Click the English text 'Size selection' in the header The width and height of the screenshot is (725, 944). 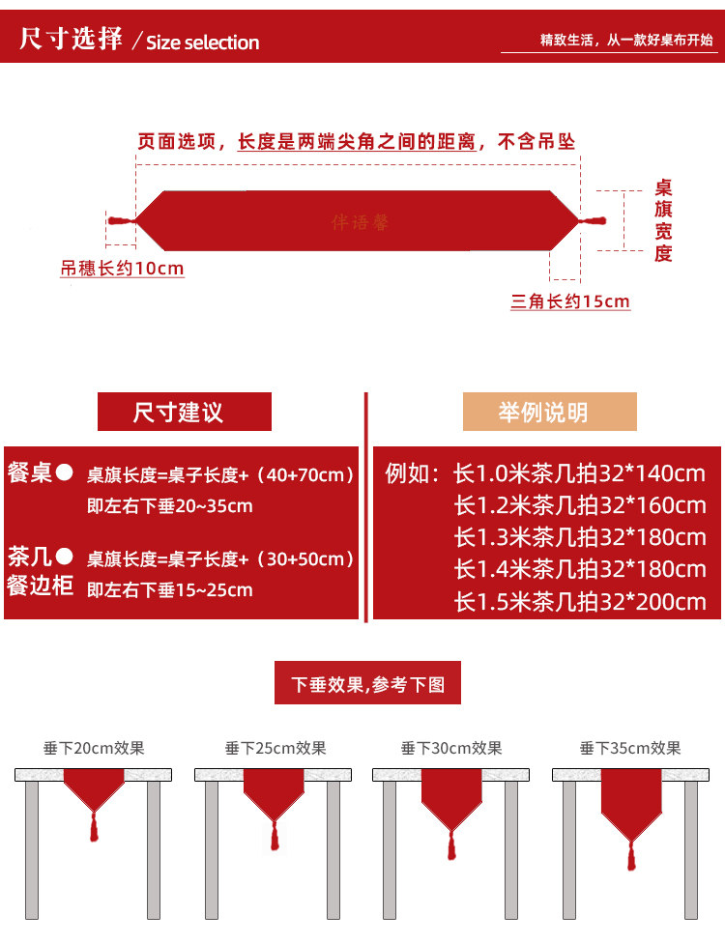pyautogui.click(x=202, y=43)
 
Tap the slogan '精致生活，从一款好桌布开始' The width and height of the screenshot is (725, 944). pyautogui.click(x=625, y=41)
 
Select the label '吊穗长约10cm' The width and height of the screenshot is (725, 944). pyautogui.click(x=122, y=269)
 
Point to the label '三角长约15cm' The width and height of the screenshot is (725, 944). pyautogui.click(x=570, y=301)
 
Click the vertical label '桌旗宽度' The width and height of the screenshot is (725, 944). pyautogui.click(x=663, y=221)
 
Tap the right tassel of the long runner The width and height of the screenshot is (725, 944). pyautogui.click(x=593, y=222)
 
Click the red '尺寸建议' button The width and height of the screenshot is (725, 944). pyautogui.click(x=184, y=413)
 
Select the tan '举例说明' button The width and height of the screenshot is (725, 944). pyautogui.click(x=549, y=413)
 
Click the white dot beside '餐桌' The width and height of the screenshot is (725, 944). pyautogui.click(x=65, y=472)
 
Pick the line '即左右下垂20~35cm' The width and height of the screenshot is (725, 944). pyautogui.click(x=170, y=505)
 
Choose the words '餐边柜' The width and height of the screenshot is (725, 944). pyautogui.click(x=41, y=586)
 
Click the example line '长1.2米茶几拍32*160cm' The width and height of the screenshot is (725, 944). pyautogui.click(x=580, y=505)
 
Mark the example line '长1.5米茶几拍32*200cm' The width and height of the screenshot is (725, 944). pyautogui.click(x=580, y=603)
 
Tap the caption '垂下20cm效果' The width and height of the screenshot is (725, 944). pyautogui.click(x=94, y=747)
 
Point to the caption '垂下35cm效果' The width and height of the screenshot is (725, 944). pyautogui.click(x=630, y=747)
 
